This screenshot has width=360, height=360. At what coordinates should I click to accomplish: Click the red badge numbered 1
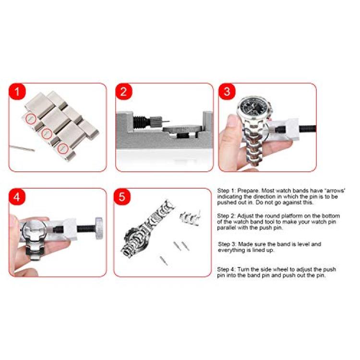tap(17, 92)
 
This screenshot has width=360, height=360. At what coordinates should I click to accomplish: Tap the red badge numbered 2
tap(123, 92)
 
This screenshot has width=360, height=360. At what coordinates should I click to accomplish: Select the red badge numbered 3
tap(227, 92)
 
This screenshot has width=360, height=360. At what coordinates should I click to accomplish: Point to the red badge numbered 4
tap(17, 197)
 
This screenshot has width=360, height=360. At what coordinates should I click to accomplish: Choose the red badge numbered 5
tap(122, 197)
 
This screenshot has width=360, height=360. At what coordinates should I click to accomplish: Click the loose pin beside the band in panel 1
tap(22, 148)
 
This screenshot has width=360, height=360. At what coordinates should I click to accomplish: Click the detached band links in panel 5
tap(190, 217)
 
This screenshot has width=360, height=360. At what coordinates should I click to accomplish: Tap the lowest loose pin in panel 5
tap(164, 261)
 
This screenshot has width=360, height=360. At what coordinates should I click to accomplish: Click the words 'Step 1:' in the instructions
tap(227, 191)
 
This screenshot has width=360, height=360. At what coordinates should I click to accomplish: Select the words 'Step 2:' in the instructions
tap(227, 216)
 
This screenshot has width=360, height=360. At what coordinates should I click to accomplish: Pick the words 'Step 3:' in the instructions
tap(227, 244)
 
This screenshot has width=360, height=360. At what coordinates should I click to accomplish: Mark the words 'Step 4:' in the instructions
tap(227, 269)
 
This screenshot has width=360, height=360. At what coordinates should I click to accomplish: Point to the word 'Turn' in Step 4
tap(243, 269)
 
